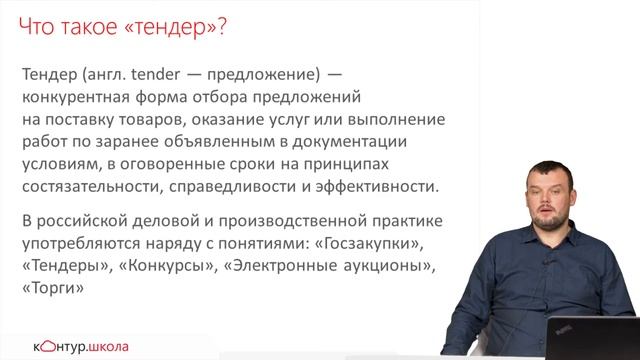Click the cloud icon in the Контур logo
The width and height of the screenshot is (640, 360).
click(x=43, y=346)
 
